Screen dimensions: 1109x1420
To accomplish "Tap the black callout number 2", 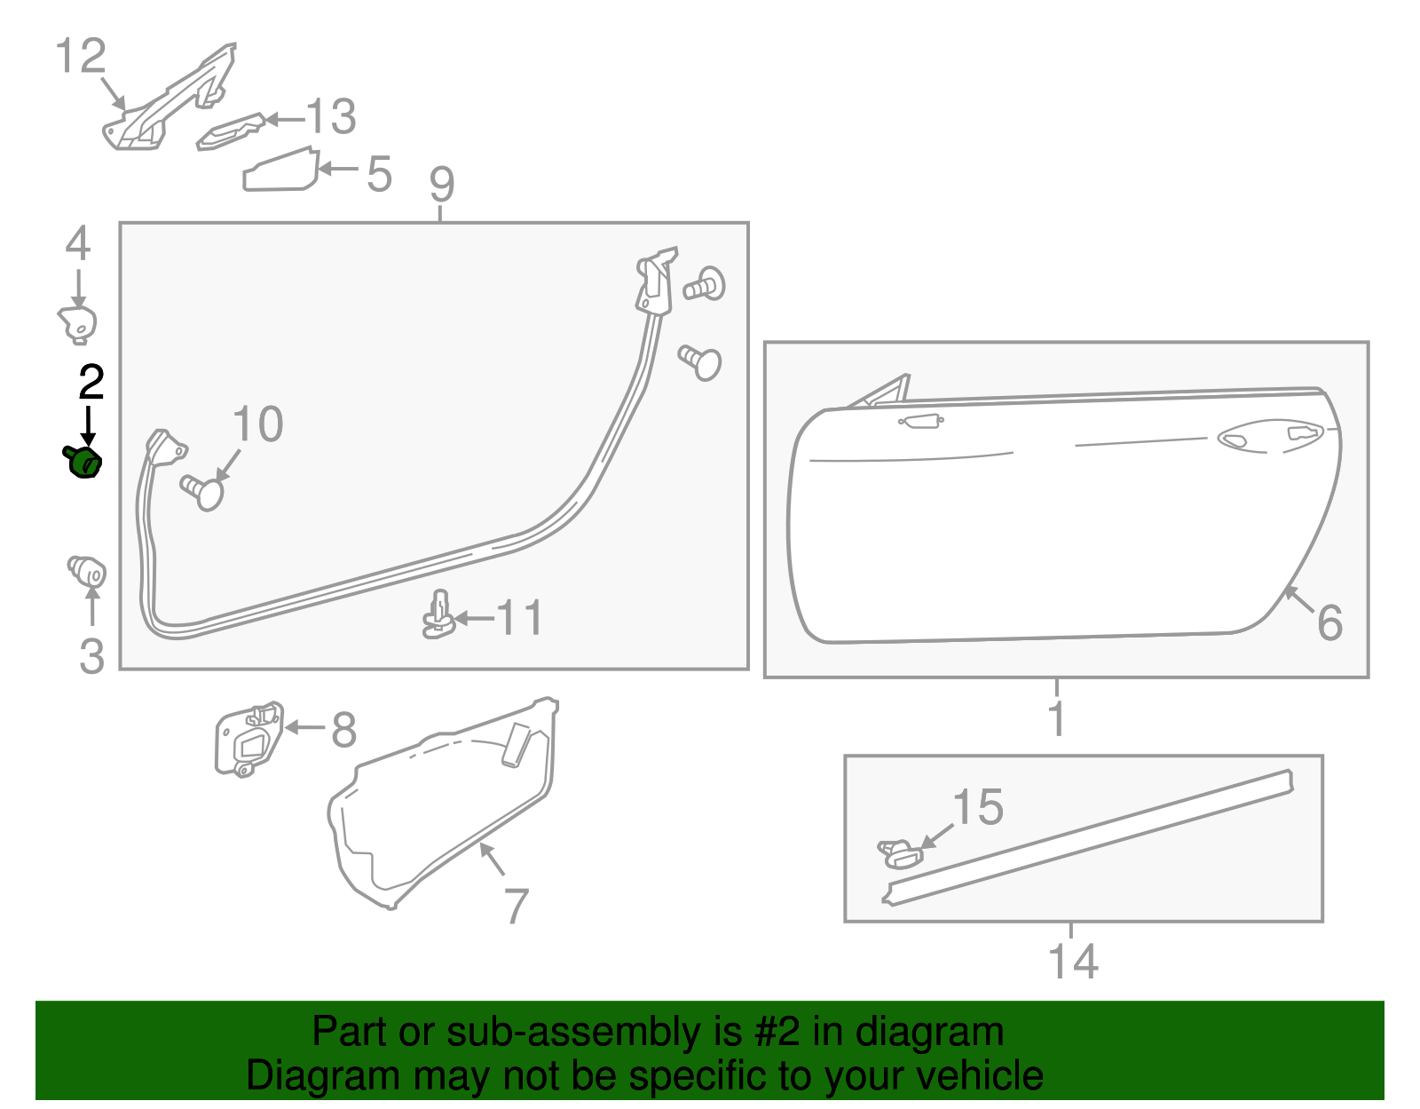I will (91, 383).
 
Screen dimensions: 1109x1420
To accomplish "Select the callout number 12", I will (81, 57).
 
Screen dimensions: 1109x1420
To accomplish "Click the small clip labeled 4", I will (77, 323).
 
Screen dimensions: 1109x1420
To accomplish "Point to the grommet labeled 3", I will (87, 570).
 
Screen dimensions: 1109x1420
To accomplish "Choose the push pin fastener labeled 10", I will (203, 491).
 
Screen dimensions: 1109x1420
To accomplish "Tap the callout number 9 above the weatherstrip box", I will (441, 184).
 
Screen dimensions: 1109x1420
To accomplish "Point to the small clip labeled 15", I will (899, 852).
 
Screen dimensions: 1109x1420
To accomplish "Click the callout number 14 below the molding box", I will (1073, 962).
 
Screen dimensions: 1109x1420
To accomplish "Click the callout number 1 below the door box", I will (1056, 717).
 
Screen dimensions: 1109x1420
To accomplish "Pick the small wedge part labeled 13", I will (231, 131).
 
